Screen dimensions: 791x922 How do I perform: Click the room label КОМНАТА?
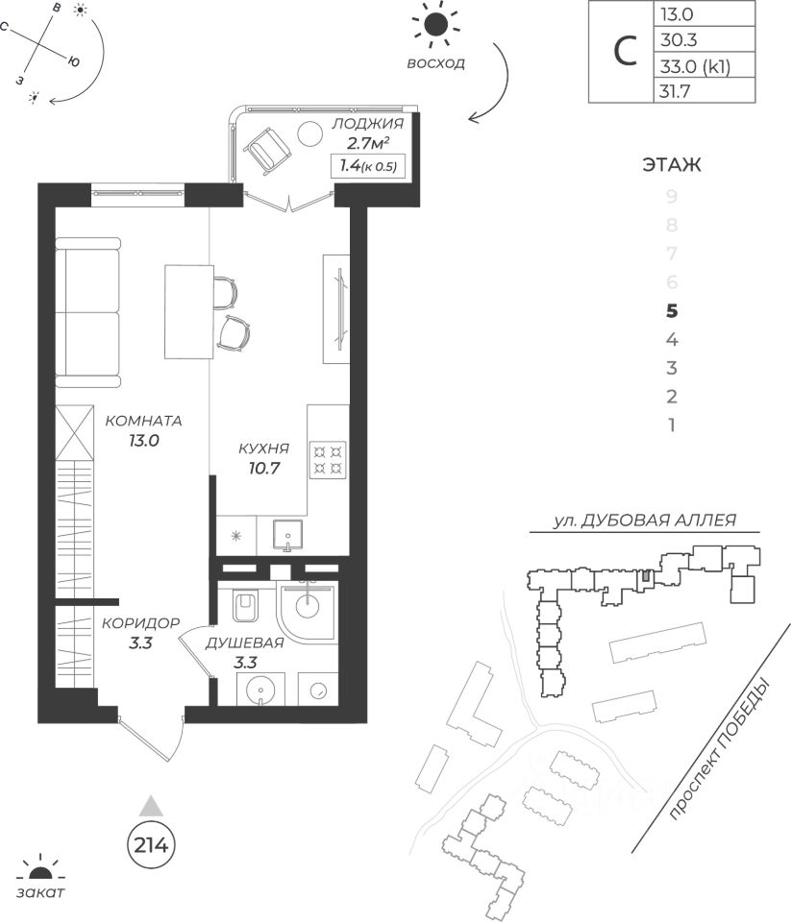pos(143,421)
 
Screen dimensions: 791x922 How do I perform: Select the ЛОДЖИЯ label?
pos(366,125)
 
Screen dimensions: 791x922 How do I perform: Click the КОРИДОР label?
pos(141,621)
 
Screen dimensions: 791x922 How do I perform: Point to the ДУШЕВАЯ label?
pos(244,643)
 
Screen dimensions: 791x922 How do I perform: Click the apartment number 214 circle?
pos(149,845)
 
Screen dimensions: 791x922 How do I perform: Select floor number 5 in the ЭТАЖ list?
pos(672,310)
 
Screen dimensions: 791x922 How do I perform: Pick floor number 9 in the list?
pos(672,197)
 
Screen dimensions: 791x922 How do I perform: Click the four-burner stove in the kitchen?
pos(327,459)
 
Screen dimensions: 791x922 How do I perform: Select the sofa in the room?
pos(87,311)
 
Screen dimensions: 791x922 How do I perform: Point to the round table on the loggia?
pos(309,133)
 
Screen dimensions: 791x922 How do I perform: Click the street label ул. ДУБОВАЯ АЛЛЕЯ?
pos(645,521)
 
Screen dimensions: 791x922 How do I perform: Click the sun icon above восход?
pos(435,26)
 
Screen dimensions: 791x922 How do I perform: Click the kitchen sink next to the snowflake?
pos(285,534)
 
